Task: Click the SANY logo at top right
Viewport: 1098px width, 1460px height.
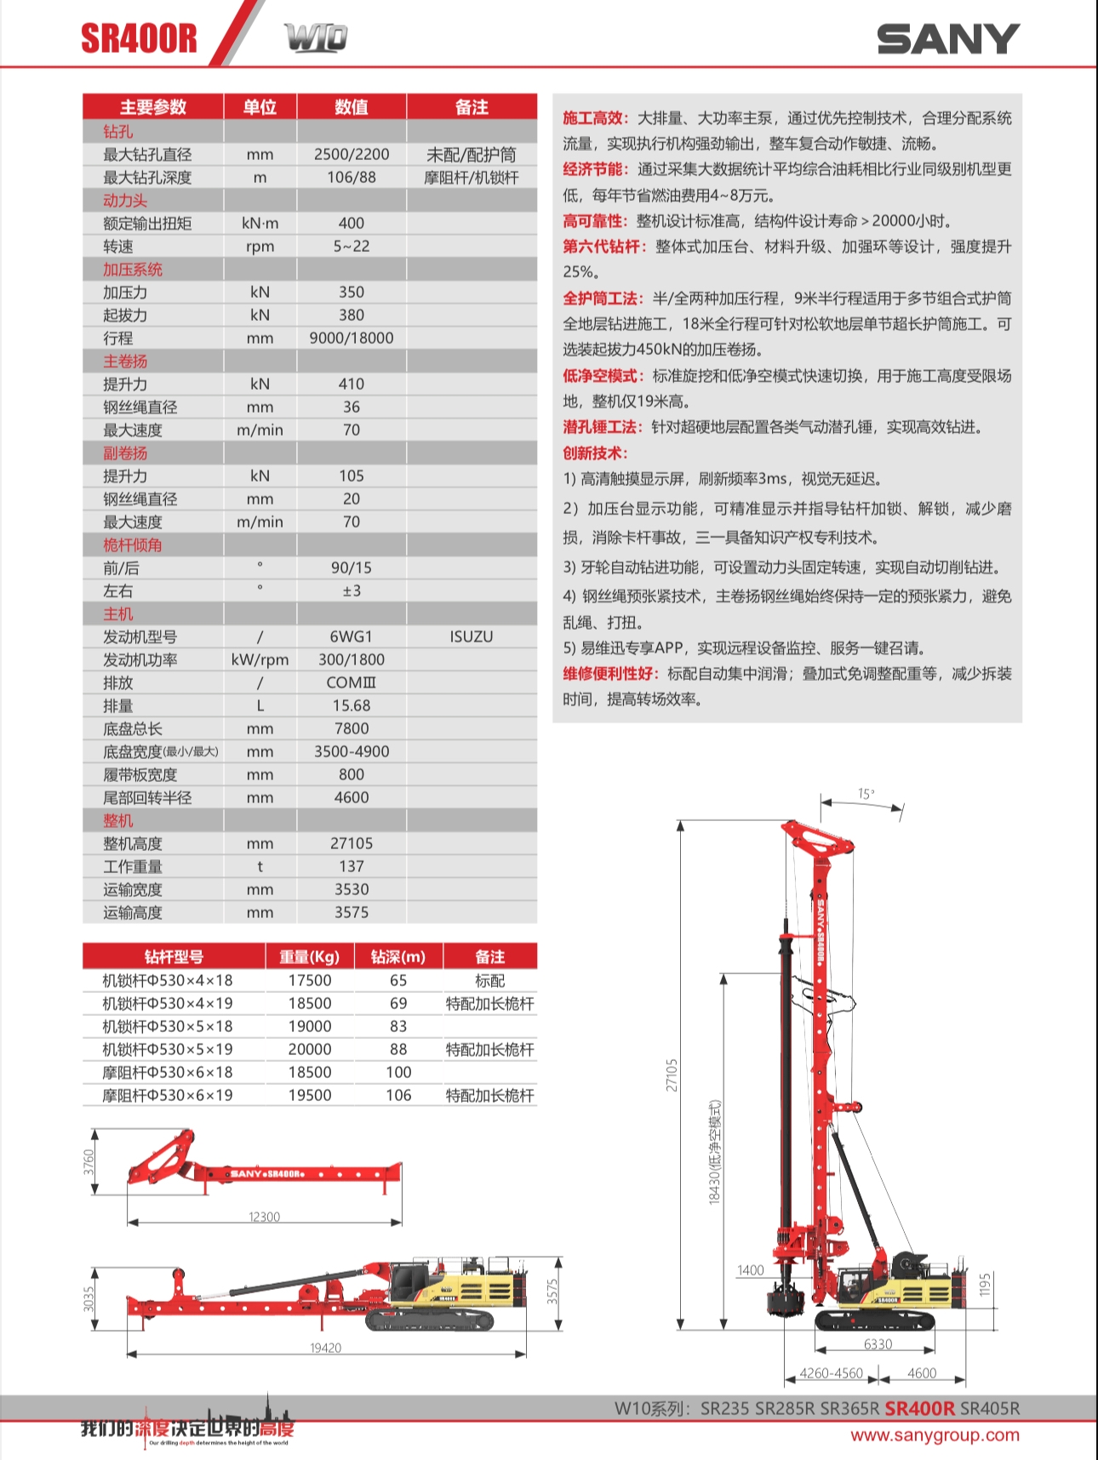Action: (x=948, y=39)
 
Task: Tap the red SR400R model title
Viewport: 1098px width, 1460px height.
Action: (x=139, y=38)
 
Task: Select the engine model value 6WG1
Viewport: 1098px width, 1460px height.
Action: (x=351, y=636)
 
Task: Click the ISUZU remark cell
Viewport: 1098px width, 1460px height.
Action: (x=471, y=636)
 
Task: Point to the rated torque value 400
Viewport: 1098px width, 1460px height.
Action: (x=351, y=223)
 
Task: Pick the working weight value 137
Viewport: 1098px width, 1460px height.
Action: (x=351, y=866)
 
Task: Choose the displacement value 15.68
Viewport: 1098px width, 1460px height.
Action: (x=351, y=705)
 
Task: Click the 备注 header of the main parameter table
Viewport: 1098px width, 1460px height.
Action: (x=472, y=107)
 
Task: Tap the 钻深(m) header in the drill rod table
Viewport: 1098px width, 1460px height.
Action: (x=397, y=956)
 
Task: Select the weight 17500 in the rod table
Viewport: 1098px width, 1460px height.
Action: (x=310, y=980)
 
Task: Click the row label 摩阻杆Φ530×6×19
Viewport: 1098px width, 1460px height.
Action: (x=168, y=1095)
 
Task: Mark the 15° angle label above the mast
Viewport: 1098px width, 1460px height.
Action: (x=866, y=794)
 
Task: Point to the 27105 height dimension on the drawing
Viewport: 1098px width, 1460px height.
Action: (x=672, y=1075)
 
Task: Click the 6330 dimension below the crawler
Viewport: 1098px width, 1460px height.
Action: (x=878, y=1344)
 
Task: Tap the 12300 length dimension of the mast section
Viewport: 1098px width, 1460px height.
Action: (x=264, y=1217)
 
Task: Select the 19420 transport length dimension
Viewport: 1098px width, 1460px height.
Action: (x=325, y=1348)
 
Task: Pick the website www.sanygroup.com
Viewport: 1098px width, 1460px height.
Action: (x=935, y=1435)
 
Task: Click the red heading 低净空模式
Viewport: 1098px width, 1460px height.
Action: (x=601, y=376)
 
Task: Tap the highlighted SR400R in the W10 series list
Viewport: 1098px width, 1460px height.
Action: (x=919, y=1408)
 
